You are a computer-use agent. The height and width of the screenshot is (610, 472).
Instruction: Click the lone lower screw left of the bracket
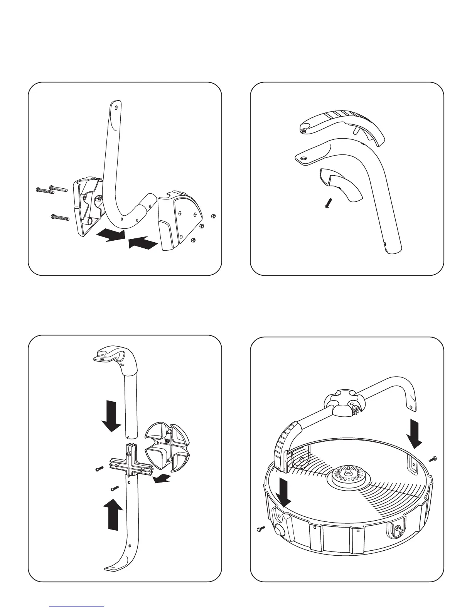point(60,218)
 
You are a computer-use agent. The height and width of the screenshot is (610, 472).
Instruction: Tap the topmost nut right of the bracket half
point(214,215)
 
